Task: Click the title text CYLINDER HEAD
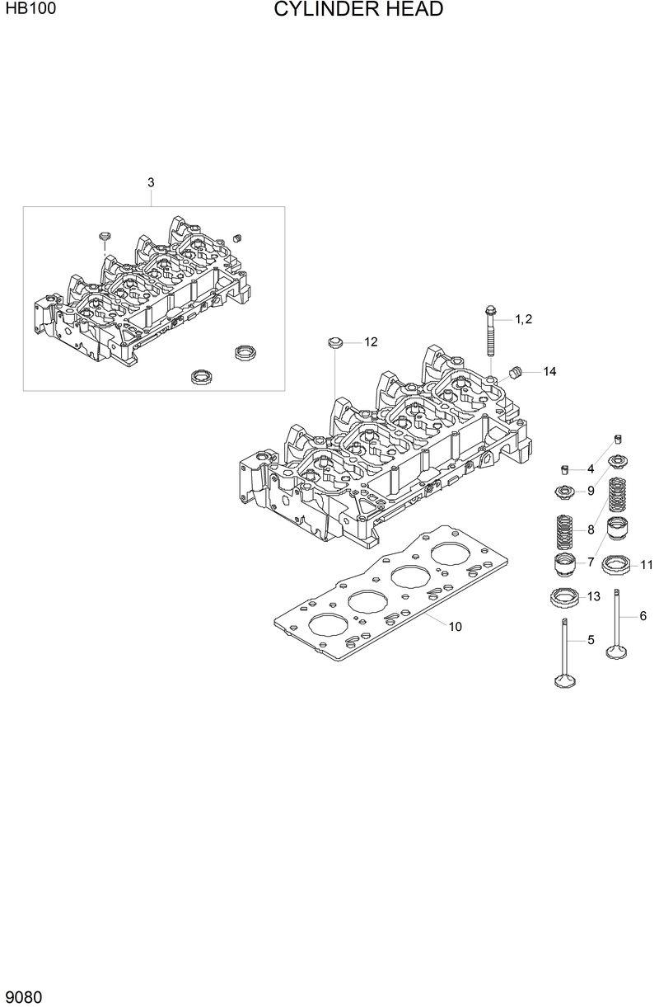tap(358, 10)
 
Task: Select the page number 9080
tap(24, 996)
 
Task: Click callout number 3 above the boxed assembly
tap(151, 182)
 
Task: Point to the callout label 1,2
tap(524, 319)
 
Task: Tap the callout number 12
tap(371, 341)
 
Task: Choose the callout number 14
tap(549, 372)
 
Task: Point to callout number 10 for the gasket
tap(455, 626)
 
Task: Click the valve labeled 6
tap(617, 627)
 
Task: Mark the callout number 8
tap(591, 530)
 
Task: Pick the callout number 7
tap(591, 562)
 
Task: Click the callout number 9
tap(591, 492)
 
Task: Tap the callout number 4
tap(591, 469)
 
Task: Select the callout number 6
tap(643, 615)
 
